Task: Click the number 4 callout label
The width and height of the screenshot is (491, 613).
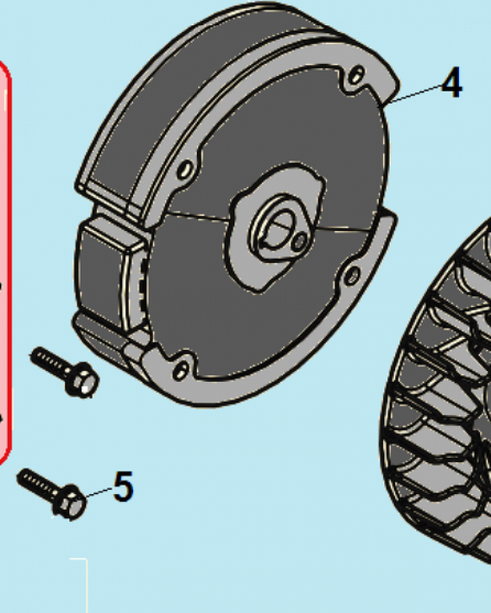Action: [452, 83]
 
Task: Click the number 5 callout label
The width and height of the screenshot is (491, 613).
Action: [123, 486]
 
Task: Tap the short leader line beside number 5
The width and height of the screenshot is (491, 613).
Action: [99, 493]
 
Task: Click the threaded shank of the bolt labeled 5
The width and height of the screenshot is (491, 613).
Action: [37, 484]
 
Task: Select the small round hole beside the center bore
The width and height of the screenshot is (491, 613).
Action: [300, 242]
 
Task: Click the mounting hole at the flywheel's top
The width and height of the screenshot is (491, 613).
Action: [356, 75]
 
